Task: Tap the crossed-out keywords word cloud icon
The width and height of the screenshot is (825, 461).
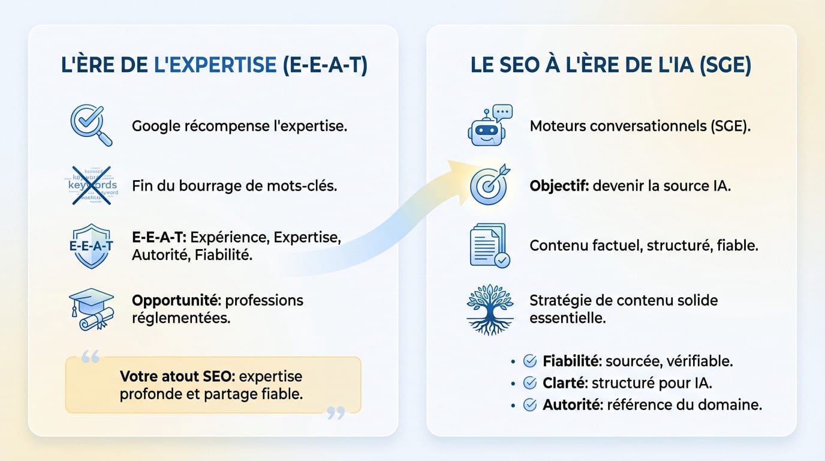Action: click(91, 185)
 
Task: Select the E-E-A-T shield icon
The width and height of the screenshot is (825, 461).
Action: click(91, 246)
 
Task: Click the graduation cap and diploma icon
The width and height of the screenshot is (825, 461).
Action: click(91, 309)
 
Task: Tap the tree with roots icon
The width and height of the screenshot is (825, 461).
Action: click(490, 309)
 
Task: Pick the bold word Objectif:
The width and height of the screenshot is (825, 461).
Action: click(559, 185)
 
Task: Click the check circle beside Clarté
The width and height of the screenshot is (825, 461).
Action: click(530, 383)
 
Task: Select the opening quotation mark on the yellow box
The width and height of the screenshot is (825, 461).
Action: click(89, 358)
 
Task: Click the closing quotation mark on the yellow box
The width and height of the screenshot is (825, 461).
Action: click(336, 412)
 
